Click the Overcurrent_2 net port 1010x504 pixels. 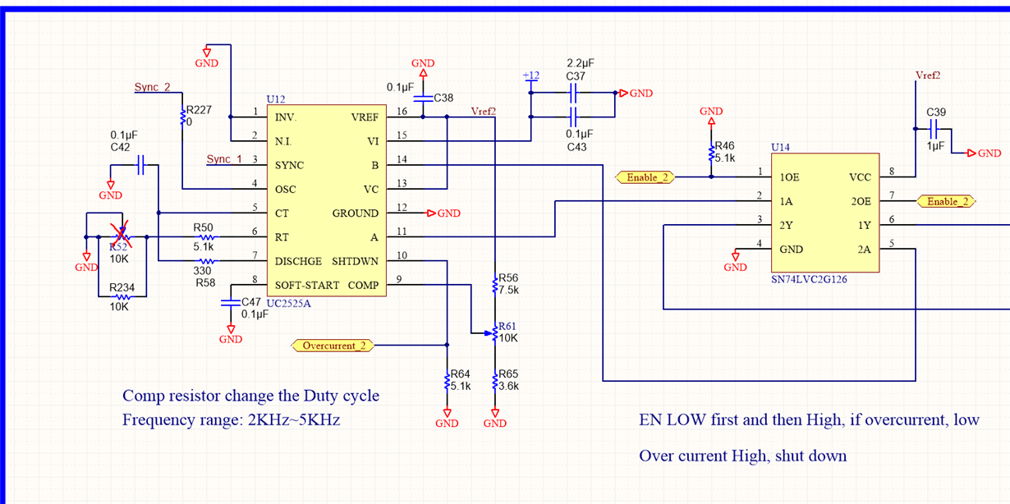tap(333, 346)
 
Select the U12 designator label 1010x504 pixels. tap(276, 99)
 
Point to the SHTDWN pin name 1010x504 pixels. tap(355, 261)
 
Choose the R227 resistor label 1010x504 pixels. tap(199, 109)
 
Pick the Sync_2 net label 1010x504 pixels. tap(152, 87)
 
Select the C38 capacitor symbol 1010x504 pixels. tap(424, 98)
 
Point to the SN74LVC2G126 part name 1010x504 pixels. tap(809, 280)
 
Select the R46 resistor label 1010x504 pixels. tap(725, 145)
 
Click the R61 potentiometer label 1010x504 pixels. tap(507, 326)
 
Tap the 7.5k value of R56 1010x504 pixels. tap(509, 291)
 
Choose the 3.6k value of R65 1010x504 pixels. tap(509, 386)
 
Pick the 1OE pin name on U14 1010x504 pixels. tap(789, 176)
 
